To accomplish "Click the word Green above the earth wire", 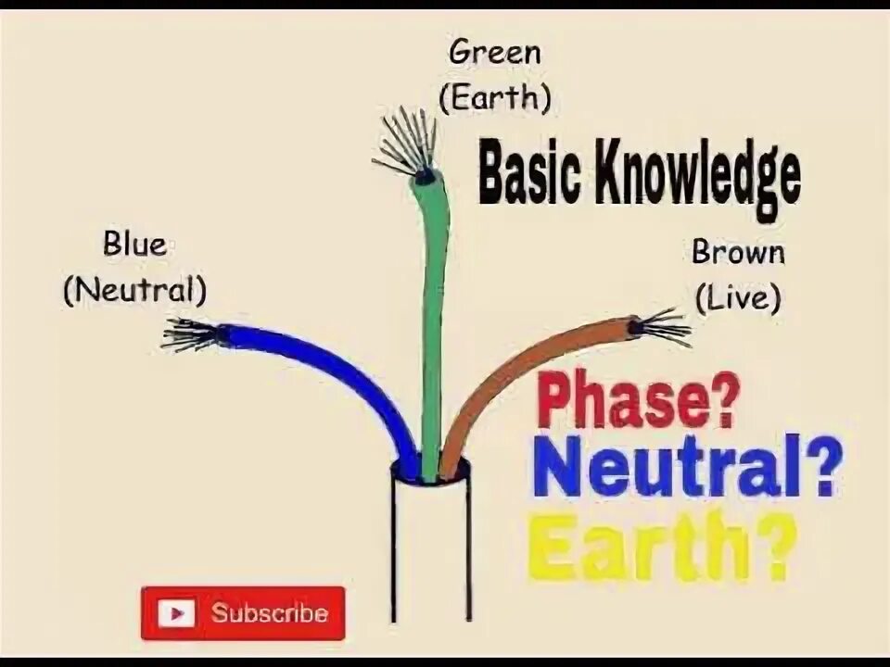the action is [x=494, y=52].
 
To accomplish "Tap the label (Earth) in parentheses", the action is [x=495, y=96].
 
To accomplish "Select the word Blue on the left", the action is [x=134, y=245].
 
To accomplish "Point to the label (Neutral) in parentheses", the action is [x=134, y=291].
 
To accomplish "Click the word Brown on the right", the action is [x=738, y=252].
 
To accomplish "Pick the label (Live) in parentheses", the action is [x=738, y=297].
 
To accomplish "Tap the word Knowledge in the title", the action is [x=702, y=178].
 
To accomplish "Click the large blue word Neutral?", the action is [x=687, y=467].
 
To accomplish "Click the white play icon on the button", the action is [x=176, y=613].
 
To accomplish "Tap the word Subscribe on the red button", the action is [x=269, y=613].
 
